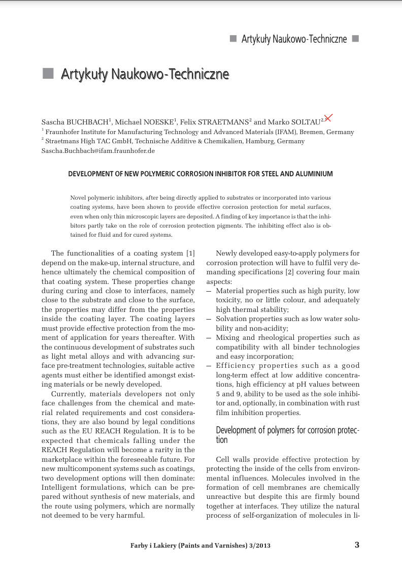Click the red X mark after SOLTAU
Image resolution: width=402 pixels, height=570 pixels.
pyautogui.click(x=328, y=118)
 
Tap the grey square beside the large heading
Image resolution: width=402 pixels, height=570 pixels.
pyautogui.click(x=48, y=74)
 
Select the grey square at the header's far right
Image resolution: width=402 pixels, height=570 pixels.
pyautogui.click(x=355, y=39)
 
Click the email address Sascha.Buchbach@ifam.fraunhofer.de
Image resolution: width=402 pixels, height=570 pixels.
pyautogui.click(x=98, y=150)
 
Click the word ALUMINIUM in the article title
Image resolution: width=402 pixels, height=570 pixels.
pyautogui.click(x=314, y=174)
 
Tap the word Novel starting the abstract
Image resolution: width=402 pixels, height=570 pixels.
pyautogui.click(x=78, y=198)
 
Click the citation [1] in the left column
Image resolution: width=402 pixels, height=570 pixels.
pyautogui.click(x=190, y=253)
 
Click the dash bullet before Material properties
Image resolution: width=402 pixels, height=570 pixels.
pyautogui.click(x=209, y=291)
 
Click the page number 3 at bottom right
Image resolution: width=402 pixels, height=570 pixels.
pyautogui.click(x=357, y=545)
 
